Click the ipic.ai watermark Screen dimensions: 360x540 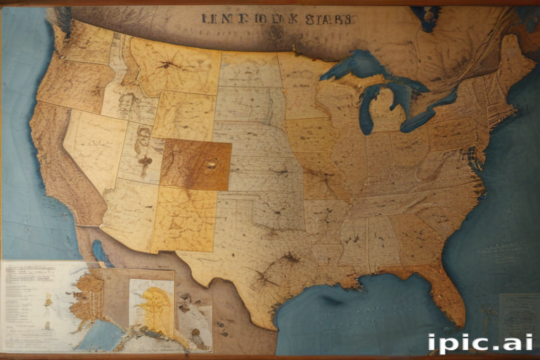point(479,343)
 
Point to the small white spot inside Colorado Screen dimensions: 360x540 point(210,166)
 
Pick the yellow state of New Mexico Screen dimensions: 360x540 point(184,218)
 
